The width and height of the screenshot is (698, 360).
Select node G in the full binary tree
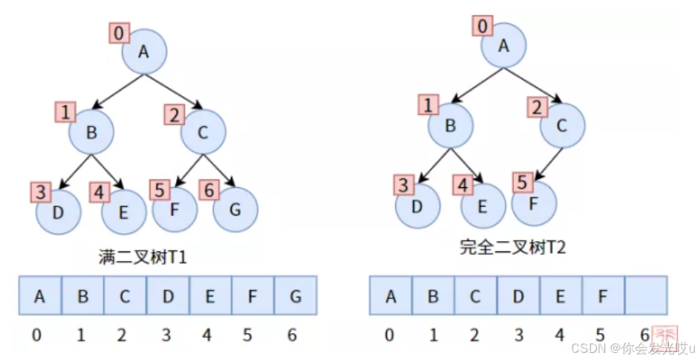click(235, 209)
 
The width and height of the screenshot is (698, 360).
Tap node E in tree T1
click(124, 213)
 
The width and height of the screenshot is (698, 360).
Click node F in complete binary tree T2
click(533, 204)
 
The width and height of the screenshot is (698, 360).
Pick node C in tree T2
click(562, 126)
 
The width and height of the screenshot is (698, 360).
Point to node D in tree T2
click(417, 205)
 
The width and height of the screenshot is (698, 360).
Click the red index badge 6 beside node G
click(209, 190)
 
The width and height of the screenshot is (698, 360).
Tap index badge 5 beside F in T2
click(522, 182)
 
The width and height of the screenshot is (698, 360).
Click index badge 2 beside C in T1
click(174, 115)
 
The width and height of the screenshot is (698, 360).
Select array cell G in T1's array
click(295, 297)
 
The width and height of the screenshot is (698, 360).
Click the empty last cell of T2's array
click(644, 297)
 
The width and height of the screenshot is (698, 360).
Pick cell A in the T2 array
click(390, 297)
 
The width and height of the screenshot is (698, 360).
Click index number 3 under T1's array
click(165, 335)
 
